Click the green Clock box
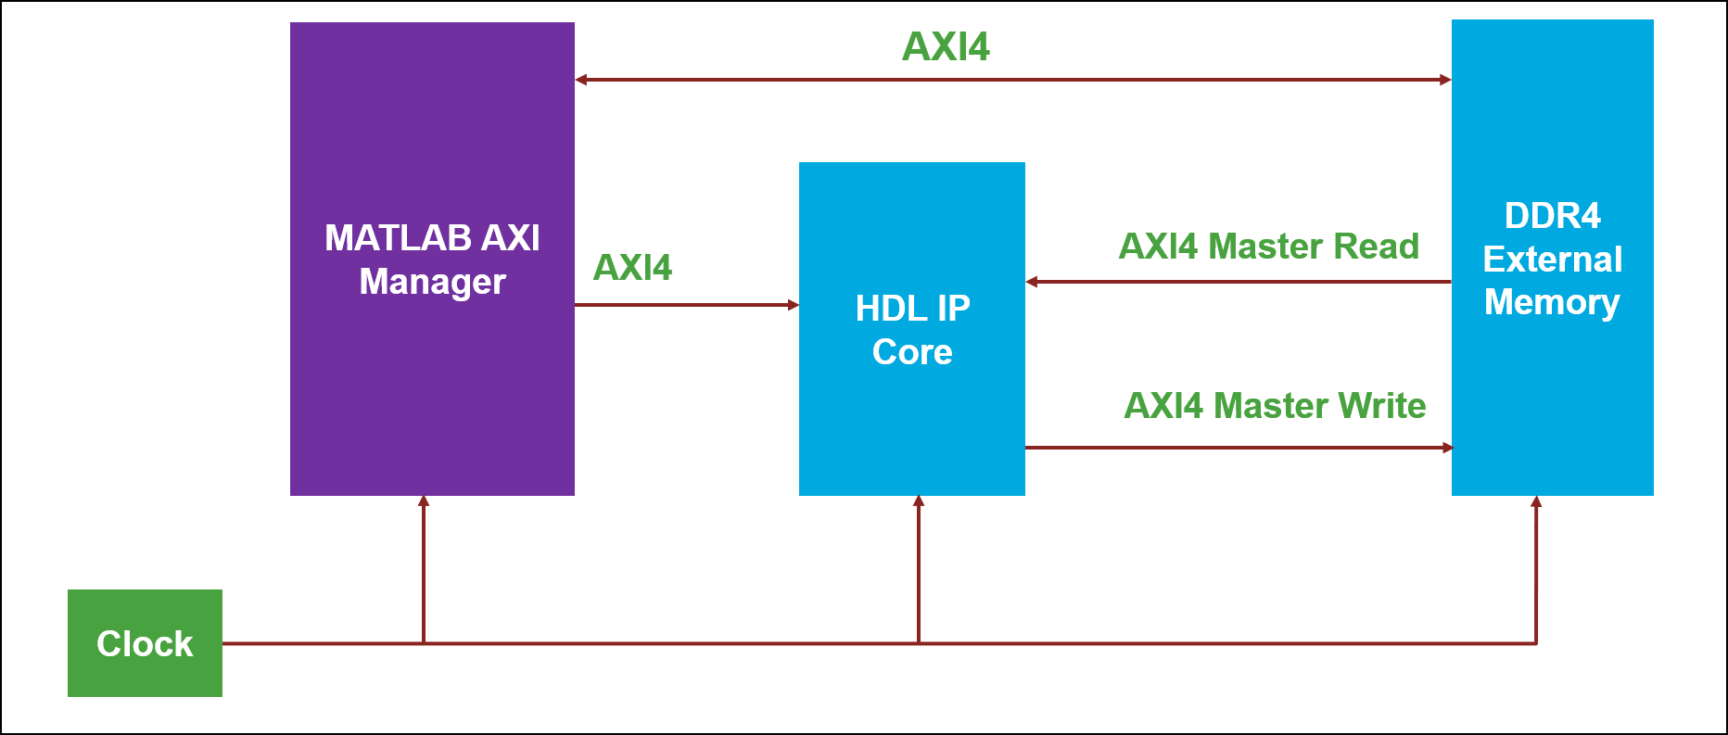[x=145, y=643]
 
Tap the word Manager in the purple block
[x=432, y=282]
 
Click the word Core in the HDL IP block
[x=912, y=352]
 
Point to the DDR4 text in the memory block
[x=1552, y=216]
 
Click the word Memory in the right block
[x=1552, y=302]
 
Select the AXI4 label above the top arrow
[x=946, y=46]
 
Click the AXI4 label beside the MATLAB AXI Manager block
[x=632, y=268]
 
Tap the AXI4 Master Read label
[x=1268, y=247]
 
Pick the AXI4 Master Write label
[x=1275, y=406]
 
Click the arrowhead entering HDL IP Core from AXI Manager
[x=793, y=305]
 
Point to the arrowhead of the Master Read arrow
[x=1032, y=282]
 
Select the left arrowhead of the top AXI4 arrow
[x=581, y=80]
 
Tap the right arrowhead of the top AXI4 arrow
[x=1445, y=80]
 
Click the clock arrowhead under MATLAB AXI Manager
[x=424, y=501]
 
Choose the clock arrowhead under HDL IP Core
[x=919, y=501]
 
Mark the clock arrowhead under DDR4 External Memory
[x=1536, y=501]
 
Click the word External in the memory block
[x=1552, y=260]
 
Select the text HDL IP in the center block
[x=912, y=309]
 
